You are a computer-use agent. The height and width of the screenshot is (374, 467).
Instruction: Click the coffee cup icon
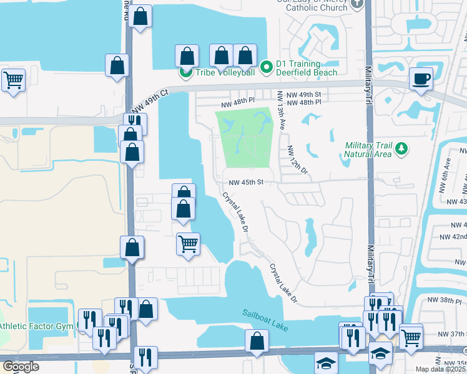coord(421,79)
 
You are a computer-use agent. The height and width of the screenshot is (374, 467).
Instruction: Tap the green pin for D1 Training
coord(266,65)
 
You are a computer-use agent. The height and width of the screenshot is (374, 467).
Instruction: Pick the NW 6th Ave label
coord(448,171)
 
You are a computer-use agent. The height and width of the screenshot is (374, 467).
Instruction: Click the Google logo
coord(21,367)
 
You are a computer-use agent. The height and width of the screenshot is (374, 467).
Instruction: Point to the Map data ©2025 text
coord(441,369)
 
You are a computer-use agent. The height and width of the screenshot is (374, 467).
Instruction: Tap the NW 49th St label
coord(305,94)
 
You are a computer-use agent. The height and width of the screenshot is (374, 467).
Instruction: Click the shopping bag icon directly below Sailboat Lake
coord(257,341)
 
